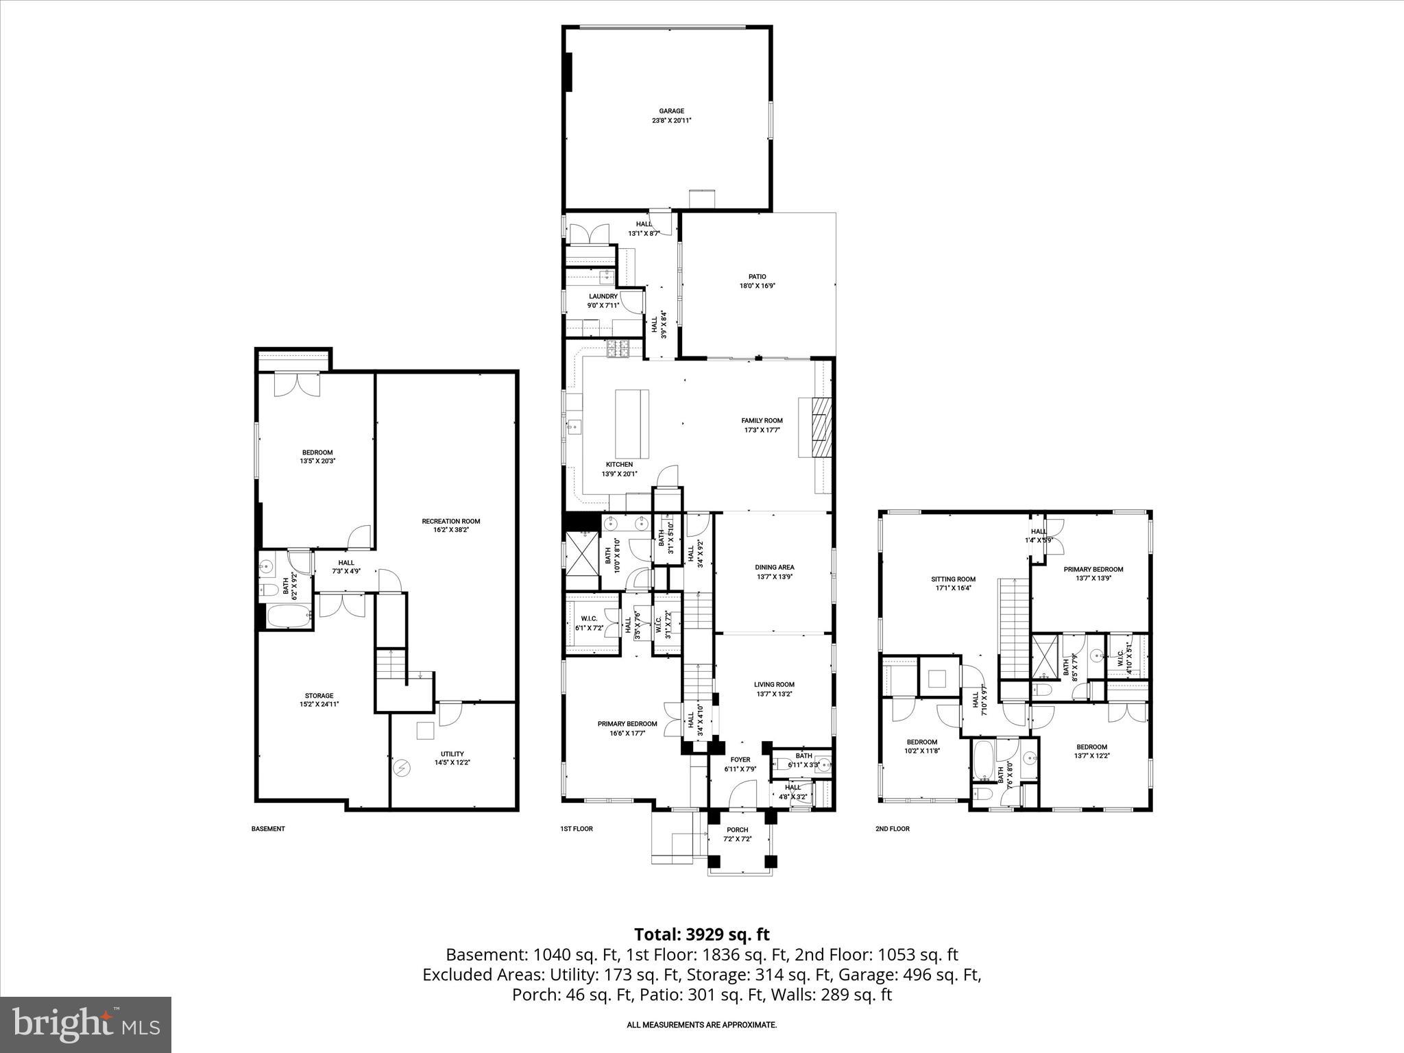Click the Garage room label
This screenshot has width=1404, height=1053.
click(x=672, y=111)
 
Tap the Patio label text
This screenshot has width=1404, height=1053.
click(x=757, y=277)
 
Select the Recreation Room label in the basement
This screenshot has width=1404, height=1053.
click(x=450, y=521)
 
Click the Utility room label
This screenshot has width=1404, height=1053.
click(x=452, y=753)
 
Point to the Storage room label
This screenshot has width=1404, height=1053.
click(x=319, y=695)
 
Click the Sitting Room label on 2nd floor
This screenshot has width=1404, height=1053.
click(x=956, y=579)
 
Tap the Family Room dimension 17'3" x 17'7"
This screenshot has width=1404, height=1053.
click(x=762, y=431)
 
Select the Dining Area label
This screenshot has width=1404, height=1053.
click(x=775, y=567)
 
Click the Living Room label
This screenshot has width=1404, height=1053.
click(x=774, y=684)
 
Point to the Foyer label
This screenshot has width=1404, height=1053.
click(x=740, y=760)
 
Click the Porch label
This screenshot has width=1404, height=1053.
click(x=738, y=830)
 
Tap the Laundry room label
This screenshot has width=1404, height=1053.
click(x=603, y=296)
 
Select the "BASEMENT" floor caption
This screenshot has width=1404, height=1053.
click(x=268, y=829)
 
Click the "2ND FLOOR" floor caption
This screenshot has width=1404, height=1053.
click(x=893, y=829)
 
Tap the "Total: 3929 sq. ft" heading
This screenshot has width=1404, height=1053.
click(x=701, y=934)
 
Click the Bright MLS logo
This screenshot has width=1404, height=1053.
click(x=86, y=1024)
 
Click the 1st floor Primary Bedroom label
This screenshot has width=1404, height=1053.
click(x=627, y=723)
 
